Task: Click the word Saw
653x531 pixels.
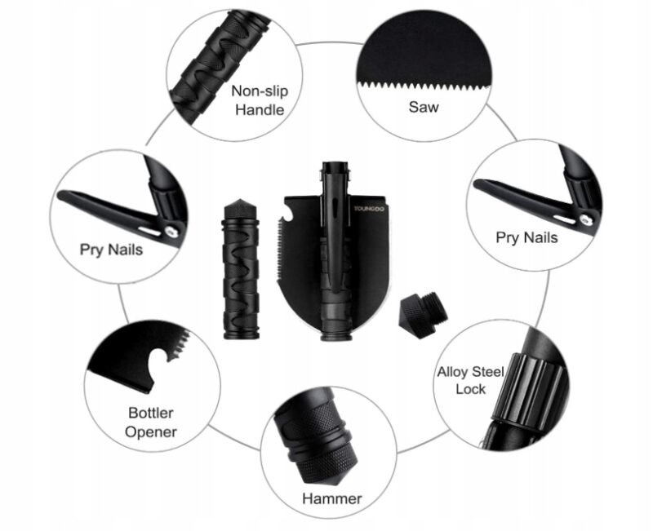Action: tap(424, 107)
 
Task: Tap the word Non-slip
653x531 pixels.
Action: tap(260, 91)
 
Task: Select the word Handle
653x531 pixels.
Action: tap(260, 110)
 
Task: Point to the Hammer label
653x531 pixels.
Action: tap(332, 498)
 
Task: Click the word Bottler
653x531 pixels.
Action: tap(151, 413)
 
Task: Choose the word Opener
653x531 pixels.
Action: tap(151, 432)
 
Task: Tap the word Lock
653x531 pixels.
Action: tap(471, 389)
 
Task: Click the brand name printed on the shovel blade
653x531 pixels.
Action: tap(369, 209)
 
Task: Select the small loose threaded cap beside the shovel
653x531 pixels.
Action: tap(424, 315)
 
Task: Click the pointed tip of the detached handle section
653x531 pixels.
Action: tap(241, 200)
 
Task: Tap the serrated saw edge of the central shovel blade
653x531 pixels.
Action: tap(280, 253)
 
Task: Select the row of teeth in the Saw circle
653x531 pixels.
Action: tap(424, 86)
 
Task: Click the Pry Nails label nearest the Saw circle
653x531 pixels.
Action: tap(526, 237)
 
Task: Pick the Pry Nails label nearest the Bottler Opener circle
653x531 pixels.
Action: tap(111, 250)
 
